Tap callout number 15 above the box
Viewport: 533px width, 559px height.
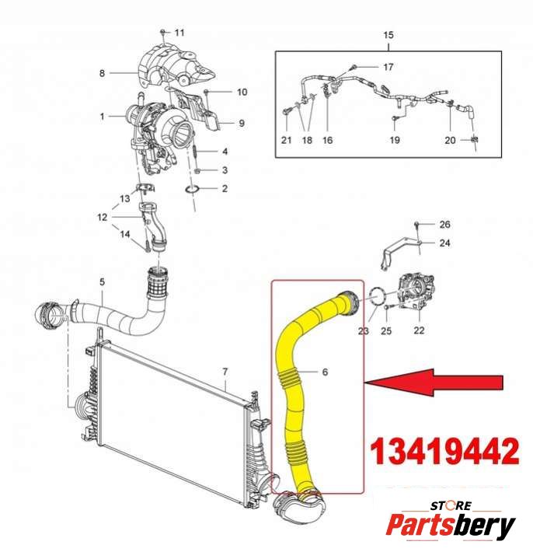tap(388, 35)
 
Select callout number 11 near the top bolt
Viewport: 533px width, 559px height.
tap(180, 32)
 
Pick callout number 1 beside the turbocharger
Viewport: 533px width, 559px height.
tap(102, 117)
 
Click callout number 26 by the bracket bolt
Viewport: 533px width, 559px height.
tap(444, 225)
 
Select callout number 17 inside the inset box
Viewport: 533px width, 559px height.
tap(388, 67)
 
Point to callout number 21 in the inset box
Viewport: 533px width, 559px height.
tap(286, 140)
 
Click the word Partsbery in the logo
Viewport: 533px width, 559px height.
tap(451, 526)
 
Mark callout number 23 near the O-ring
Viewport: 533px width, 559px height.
tap(363, 330)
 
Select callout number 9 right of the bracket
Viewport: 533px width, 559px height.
tap(241, 123)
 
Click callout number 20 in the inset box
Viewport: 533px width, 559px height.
tap(450, 140)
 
